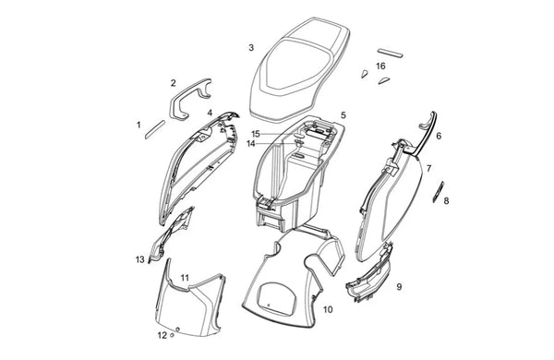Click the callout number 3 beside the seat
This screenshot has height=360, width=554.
tap(251, 48)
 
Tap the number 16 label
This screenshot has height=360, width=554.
tap(380, 66)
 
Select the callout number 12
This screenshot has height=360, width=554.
tap(162, 335)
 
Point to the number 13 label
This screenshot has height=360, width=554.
tap(140, 259)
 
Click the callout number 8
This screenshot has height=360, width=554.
tap(446, 201)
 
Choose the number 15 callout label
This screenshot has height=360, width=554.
tap(256, 134)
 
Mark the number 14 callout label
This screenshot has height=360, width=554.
tap(251, 144)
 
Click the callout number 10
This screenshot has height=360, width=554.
tap(328, 310)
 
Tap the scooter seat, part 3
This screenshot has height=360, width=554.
tap(300, 67)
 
